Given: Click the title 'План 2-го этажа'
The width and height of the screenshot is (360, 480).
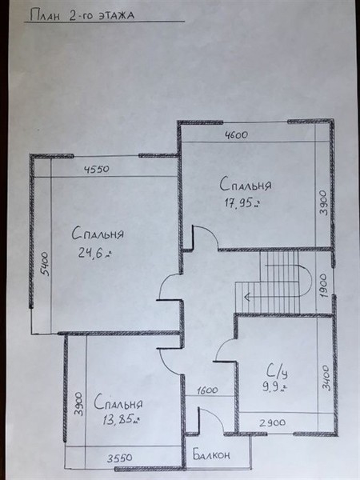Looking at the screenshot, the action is [82, 15].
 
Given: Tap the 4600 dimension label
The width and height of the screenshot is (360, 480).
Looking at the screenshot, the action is [236, 134].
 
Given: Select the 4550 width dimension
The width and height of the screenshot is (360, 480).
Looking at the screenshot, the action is [97, 169].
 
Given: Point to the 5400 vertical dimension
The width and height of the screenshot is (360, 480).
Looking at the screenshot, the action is [45, 263].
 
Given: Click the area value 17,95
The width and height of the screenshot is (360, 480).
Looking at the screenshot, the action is [242, 202].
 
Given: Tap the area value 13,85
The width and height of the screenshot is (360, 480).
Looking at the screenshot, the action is [122, 419].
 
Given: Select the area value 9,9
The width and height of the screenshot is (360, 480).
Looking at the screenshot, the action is [274, 387].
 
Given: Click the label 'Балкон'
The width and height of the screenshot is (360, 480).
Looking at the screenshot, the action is [211, 454].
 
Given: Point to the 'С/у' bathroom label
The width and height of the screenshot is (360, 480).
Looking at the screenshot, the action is [277, 372].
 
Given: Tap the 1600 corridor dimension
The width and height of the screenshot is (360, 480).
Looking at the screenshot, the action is [207, 390].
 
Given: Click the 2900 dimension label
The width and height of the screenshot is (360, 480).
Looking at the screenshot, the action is [273, 422].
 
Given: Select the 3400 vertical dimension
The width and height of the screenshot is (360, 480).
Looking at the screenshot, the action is [326, 378].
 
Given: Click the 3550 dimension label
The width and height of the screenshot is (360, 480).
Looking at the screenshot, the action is [120, 458].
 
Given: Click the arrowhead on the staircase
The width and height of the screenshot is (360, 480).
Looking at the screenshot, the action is [246, 296].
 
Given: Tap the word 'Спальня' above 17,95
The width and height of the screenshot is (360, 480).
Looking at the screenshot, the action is [246, 184].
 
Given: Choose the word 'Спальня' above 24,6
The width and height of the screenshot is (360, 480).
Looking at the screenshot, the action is [98, 234].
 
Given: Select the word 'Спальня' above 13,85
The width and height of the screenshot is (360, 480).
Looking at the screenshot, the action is [118, 402].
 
